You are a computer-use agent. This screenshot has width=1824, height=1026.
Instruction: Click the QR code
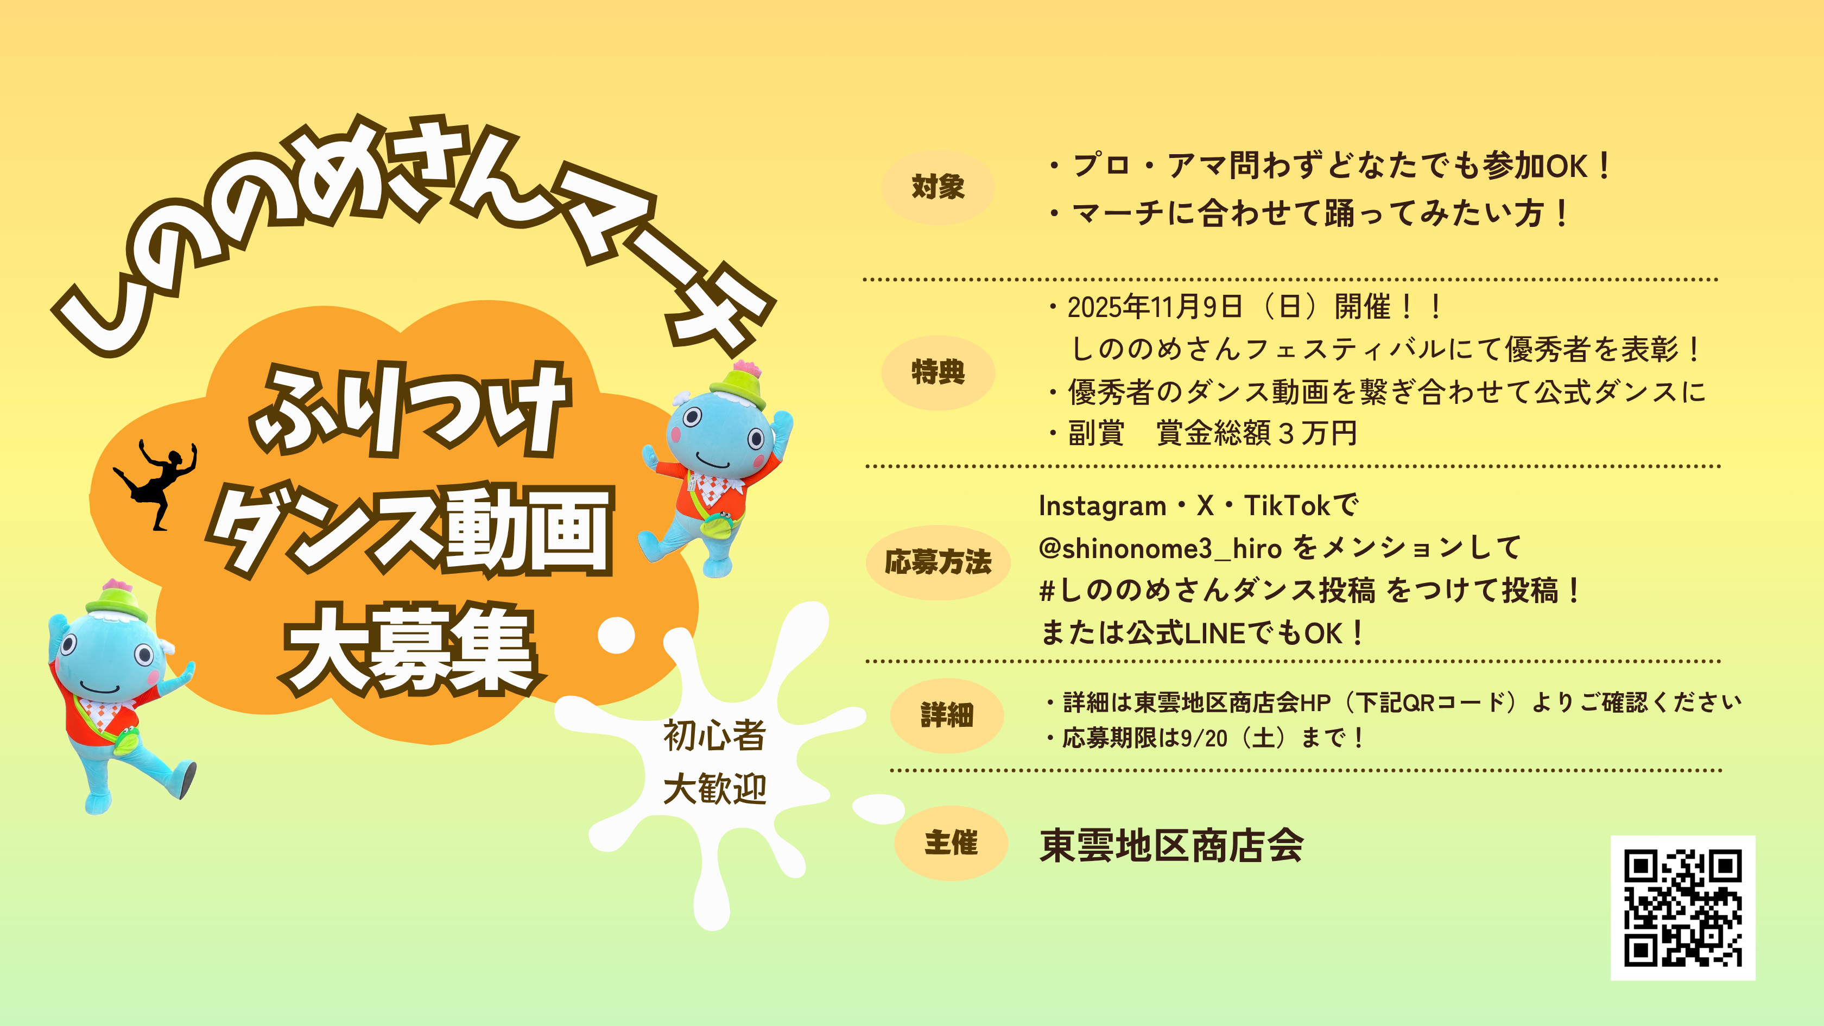tap(1682, 908)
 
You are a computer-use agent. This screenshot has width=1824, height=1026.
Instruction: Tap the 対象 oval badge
tap(938, 187)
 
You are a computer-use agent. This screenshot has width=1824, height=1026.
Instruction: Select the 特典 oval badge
tap(938, 372)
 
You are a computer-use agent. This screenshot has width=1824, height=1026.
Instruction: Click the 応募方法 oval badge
tap(938, 562)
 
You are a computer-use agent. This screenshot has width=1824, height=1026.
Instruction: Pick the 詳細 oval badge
tap(947, 715)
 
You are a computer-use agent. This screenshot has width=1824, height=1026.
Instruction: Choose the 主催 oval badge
tap(951, 843)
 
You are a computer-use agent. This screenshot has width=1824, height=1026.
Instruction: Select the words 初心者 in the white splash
tap(714, 736)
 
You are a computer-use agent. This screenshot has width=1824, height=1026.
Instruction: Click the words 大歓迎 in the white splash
tap(714, 789)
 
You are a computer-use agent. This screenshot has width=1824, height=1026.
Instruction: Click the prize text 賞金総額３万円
tap(1257, 433)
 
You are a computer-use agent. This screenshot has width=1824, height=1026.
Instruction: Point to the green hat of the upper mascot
tap(738, 385)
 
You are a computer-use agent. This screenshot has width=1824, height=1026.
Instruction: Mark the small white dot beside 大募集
tap(616, 635)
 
